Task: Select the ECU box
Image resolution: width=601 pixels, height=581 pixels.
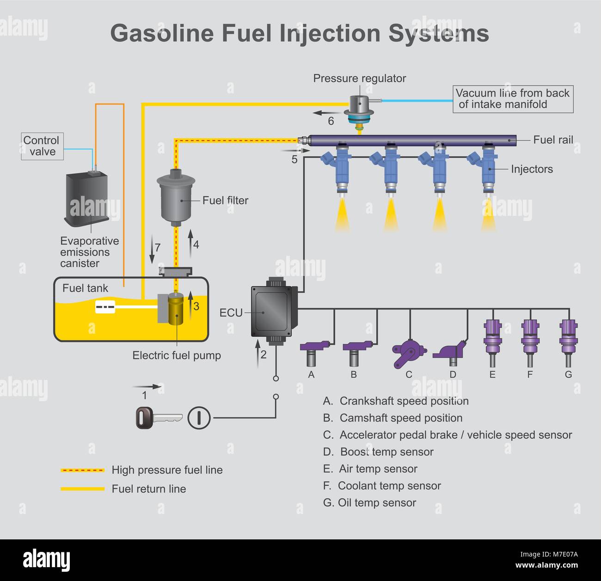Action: [272, 311]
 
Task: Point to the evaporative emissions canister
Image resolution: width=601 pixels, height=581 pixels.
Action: [87, 197]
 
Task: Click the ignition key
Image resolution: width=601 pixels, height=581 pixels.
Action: [159, 418]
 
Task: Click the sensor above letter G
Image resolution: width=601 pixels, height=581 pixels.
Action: [568, 342]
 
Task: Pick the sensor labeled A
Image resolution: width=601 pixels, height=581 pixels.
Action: [313, 351]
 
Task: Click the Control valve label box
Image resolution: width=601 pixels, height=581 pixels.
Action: [42, 146]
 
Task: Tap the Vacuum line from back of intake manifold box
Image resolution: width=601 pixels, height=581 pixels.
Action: [512, 99]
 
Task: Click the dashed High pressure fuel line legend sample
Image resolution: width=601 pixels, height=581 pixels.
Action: [83, 470]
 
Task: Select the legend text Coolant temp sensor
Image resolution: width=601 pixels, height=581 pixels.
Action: [389, 486]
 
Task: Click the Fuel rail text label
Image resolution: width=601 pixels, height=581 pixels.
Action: [553, 140]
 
